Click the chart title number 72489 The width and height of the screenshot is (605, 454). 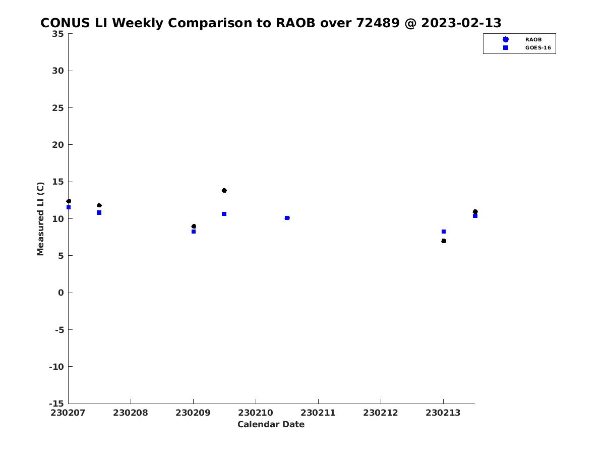coord(378,23)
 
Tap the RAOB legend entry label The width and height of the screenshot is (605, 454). coord(533,40)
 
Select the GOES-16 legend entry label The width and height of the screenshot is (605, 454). coord(538,48)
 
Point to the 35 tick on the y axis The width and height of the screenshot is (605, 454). coord(58,34)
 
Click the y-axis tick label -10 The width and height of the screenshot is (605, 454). coord(56,367)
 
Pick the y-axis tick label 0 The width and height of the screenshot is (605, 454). coord(61,293)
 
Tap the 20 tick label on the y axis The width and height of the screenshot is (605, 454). coord(58,145)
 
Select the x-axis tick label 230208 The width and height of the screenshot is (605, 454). coord(131,413)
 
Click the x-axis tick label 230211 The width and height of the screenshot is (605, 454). coord(318,413)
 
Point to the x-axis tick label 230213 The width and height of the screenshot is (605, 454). coord(443,413)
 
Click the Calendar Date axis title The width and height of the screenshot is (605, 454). coord(271,424)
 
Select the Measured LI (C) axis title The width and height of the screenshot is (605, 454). coord(40,219)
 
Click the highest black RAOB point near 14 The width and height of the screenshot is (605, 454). coord(224,191)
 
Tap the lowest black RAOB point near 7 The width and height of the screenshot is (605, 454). coord(444,241)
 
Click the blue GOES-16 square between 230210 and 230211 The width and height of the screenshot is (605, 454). coord(287,218)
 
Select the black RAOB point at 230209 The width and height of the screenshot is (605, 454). coord(194,226)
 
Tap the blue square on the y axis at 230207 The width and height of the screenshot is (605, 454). coord(69,207)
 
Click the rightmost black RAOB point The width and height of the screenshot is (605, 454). coord(475,212)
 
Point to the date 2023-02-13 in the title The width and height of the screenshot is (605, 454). coord(461,23)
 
